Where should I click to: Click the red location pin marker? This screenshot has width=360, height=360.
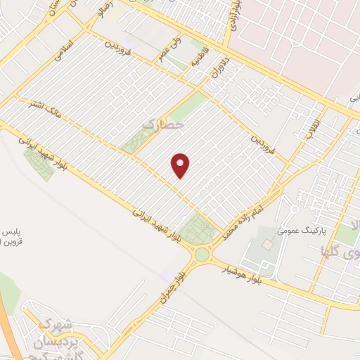[181, 165]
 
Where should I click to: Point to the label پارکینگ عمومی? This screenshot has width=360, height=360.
[280, 230]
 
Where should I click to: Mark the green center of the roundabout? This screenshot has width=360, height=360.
[203, 254]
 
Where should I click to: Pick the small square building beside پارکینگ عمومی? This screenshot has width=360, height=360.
[267, 244]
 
